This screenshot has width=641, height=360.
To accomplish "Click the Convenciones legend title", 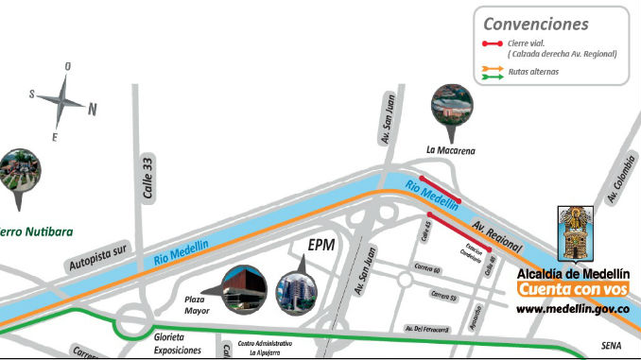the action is point(536,22).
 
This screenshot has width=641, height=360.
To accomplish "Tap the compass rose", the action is point(63,100).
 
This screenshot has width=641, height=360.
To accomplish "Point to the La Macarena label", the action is point(450,149).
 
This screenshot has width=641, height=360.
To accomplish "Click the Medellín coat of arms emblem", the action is point(574,232).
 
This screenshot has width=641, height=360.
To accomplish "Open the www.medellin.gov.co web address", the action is point(574,309).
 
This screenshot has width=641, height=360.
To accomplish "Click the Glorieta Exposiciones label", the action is point(178,343).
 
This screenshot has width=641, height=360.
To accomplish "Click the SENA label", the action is point(612,347).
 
